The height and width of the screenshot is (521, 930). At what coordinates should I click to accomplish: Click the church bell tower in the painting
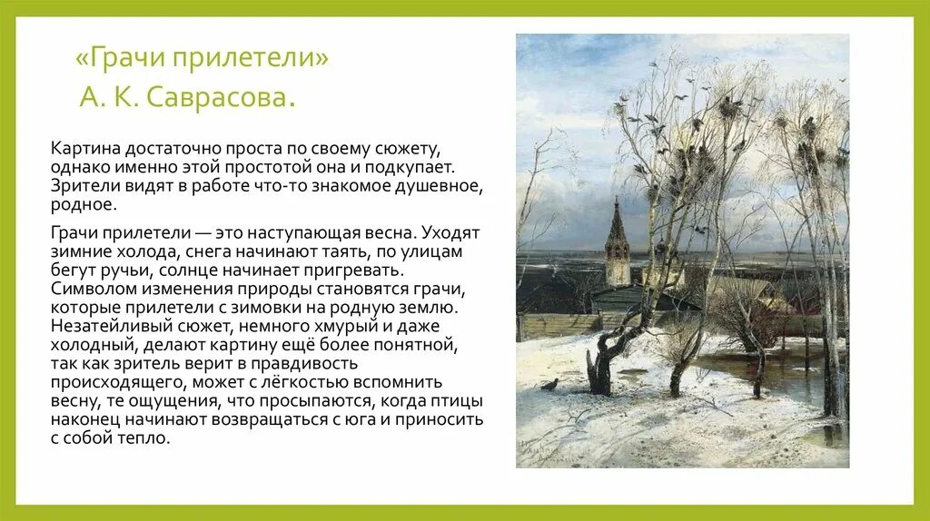point(618,241)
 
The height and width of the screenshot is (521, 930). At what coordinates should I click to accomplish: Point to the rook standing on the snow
point(549,385)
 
